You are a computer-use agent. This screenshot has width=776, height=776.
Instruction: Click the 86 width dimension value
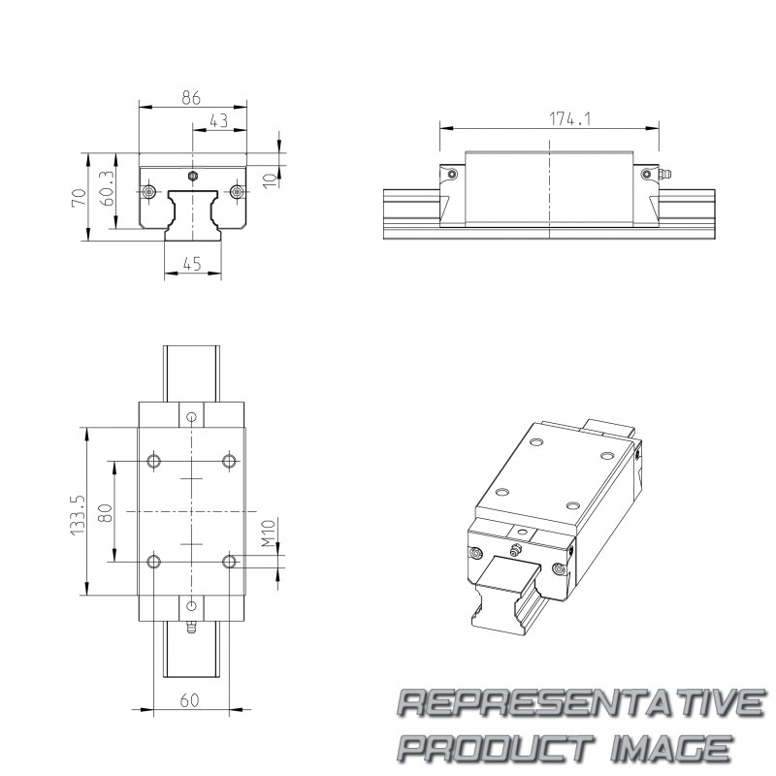(191, 98)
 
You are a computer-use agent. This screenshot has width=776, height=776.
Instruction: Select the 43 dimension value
(219, 120)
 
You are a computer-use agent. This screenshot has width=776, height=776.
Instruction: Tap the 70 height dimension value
(80, 198)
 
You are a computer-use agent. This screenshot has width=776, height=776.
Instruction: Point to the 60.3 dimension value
(107, 188)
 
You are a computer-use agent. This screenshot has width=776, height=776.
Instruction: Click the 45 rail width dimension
(192, 264)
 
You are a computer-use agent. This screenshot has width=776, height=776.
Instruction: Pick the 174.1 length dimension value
(570, 118)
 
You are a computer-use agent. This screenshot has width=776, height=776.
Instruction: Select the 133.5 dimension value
(79, 515)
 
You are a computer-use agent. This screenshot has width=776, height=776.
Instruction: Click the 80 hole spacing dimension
(106, 513)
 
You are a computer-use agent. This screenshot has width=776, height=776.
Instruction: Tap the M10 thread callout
(269, 533)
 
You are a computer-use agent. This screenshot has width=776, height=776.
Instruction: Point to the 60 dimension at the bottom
(189, 700)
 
